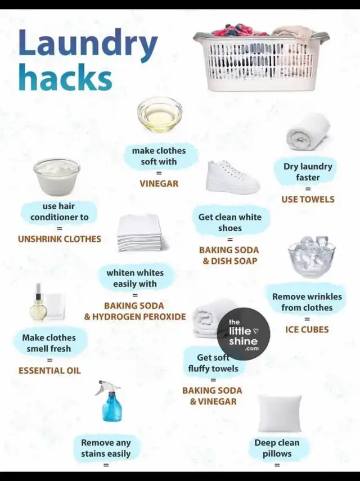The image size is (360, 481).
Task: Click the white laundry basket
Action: click(x=261, y=58)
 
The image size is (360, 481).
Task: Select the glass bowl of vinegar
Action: click(x=159, y=114)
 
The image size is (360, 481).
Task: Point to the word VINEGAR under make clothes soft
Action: click(x=159, y=183)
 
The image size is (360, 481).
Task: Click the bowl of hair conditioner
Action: click(x=57, y=177)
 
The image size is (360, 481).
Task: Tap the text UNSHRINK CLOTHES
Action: click(x=60, y=239)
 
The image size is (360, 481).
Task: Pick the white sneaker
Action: click(x=232, y=177)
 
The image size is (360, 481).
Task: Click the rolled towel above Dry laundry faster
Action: click(x=308, y=132)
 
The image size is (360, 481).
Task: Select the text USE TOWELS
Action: click(x=308, y=199)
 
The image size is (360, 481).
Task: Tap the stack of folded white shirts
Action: click(x=140, y=233)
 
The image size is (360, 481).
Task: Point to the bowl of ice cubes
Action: click(x=312, y=257)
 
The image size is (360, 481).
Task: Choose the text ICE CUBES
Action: click(x=307, y=330)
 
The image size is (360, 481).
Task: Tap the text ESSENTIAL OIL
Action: click(x=49, y=371)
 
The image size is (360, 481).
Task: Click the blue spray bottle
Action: click(x=110, y=401)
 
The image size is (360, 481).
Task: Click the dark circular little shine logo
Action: click(x=244, y=334)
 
